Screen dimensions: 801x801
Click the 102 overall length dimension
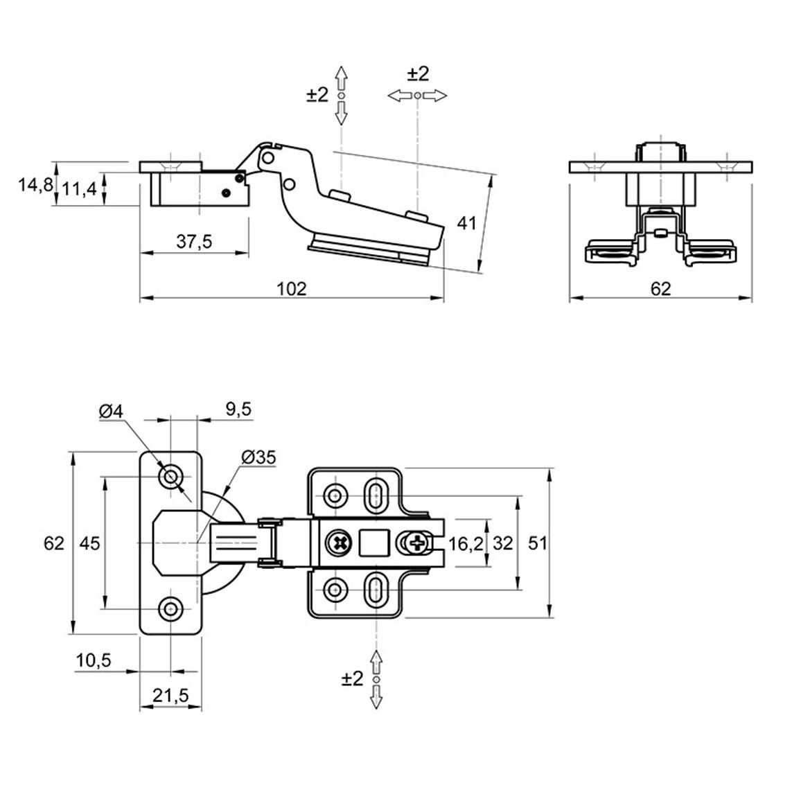click(291, 289)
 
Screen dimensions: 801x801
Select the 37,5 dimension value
click(194, 241)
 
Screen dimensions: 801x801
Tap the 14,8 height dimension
click(35, 184)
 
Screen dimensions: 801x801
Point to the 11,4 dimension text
click(79, 190)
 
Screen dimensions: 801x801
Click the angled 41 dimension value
click(466, 223)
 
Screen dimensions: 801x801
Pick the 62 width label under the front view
click(660, 289)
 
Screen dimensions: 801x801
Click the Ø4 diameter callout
click(112, 412)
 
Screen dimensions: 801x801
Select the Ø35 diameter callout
click(258, 458)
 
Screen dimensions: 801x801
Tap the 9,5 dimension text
click(238, 410)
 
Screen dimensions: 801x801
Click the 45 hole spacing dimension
click(90, 543)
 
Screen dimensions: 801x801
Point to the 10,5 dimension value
click(94, 660)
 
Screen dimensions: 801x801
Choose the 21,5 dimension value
click(170, 695)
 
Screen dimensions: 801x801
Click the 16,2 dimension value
click(466, 544)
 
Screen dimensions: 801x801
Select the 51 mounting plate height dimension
click(538, 543)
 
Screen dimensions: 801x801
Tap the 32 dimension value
click(502, 543)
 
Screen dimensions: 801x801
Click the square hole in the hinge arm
click(374, 543)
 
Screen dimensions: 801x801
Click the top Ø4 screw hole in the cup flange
click(170, 477)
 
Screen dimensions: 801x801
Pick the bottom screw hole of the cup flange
click(170, 608)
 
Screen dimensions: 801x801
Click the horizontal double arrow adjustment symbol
click(417, 96)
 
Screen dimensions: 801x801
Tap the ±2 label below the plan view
click(353, 679)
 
